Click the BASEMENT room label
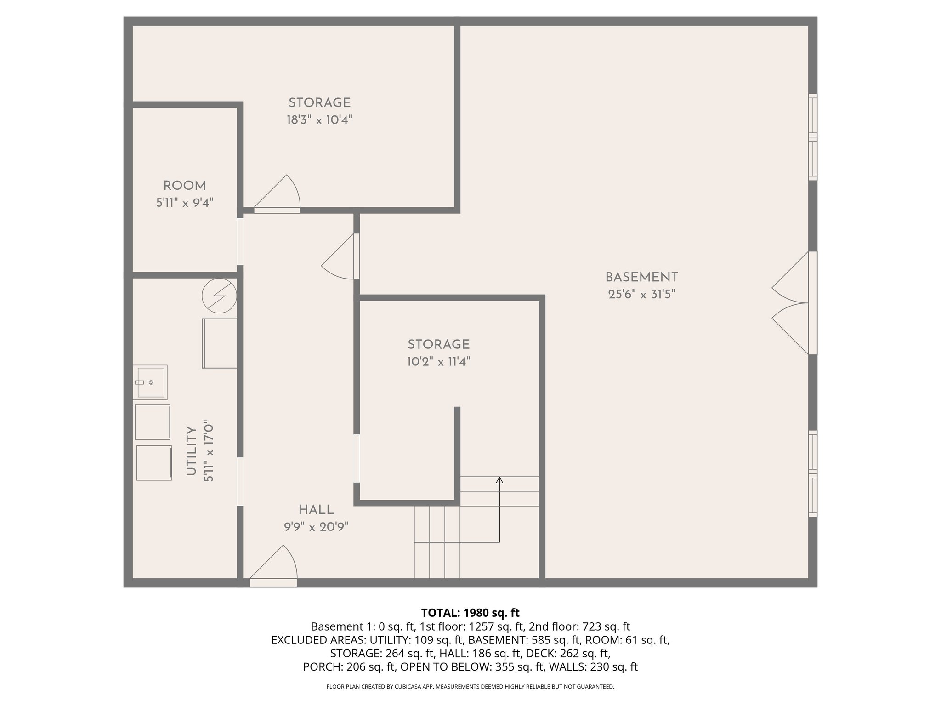[x=641, y=278]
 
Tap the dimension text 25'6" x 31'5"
[x=641, y=295]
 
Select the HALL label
[x=316, y=510]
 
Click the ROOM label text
[x=185, y=186]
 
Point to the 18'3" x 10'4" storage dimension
[x=319, y=120]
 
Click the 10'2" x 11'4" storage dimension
[x=438, y=362]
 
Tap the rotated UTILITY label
[x=191, y=451]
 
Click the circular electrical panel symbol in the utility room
[x=220, y=296]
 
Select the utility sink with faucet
[x=150, y=382]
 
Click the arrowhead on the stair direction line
[x=499, y=480]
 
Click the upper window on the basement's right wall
[x=812, y=137]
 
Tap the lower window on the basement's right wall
[x=812, y=473]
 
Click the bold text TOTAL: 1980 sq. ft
[x=470, y=613]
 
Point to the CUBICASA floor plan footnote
[x=470, y=687]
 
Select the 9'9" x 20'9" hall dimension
[x=316, y=527]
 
